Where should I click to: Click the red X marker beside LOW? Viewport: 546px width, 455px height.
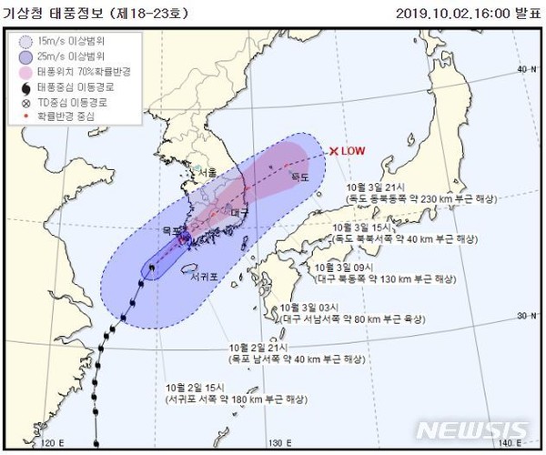point(334,151)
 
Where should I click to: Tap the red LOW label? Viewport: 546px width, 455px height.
point(352,151)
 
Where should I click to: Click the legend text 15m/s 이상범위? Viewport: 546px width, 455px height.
point(76,41)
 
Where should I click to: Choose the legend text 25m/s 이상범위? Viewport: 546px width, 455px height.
point(76,56)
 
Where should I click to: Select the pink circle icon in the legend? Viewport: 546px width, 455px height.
point(28,72)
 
